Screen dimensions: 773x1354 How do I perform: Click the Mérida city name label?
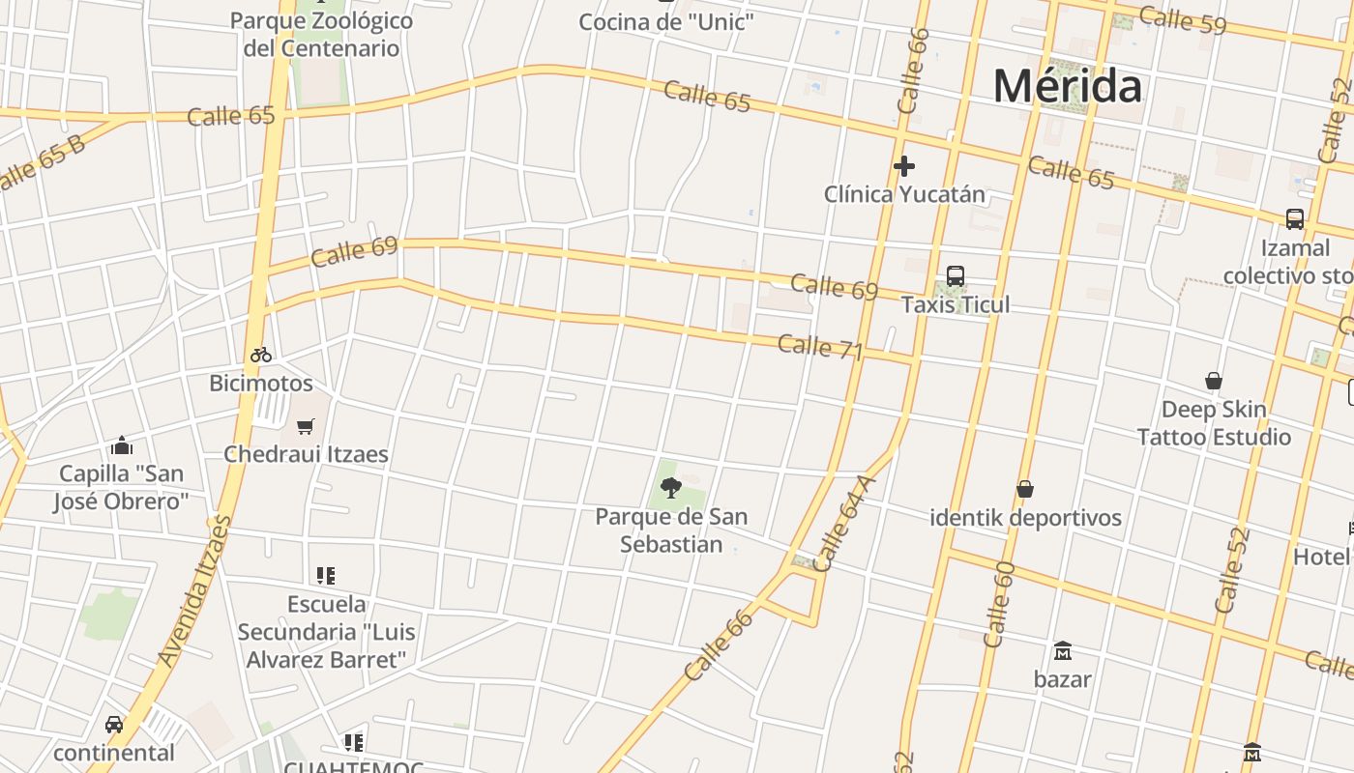(x=1067, y=86)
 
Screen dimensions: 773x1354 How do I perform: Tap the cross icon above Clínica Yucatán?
(x=904, y=166)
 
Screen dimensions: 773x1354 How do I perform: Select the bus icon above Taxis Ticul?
(x=956, y=276)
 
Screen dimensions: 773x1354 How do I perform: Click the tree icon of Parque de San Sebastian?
(x=671, y=487)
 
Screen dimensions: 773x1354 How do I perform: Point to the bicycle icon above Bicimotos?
(x=261, y=355)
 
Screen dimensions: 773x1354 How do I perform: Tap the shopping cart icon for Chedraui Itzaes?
(x=306, y=426)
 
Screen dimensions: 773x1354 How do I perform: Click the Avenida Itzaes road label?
(x=194, y=590)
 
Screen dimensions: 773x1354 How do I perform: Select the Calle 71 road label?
(x=819, y=347)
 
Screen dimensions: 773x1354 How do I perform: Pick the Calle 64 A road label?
(x=835, y=524)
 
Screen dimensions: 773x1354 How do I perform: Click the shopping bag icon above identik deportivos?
(x=1025, y=490)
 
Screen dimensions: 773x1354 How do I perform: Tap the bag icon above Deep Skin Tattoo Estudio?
(x=1214, y=381)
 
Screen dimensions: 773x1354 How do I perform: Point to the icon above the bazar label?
(x=1063, y=650)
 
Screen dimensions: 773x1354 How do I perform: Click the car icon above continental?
(x=114, y=725)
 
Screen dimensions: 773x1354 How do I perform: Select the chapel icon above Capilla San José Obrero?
(x=122, y=445)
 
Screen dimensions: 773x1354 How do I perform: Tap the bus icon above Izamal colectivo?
(x=1295, y=219)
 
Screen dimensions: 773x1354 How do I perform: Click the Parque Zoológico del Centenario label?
(x=321, y=34)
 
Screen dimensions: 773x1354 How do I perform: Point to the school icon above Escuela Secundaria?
(x=326, y=576)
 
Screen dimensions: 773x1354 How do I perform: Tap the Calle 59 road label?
(x=1182, y=19)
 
